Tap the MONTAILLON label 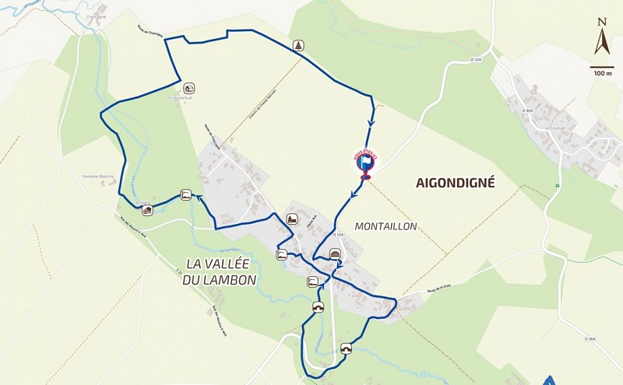point(385,226)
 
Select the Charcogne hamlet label point(97,16)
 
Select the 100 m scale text point(602,73)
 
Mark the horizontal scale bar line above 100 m point(602,67)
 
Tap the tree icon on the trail point(299,46)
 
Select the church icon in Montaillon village point(292,219)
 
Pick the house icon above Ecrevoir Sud point(189,89)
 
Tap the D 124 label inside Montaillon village point(338,235)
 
